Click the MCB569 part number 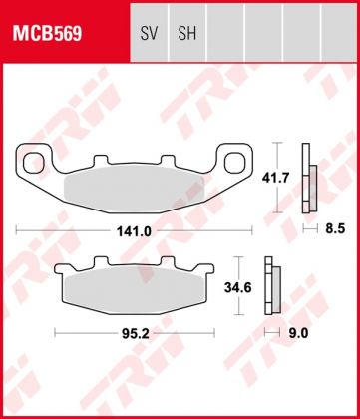tap(47, 33)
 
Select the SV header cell tap(150, 33)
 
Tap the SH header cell tap(186, 33)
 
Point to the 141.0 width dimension tap(135, 230)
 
